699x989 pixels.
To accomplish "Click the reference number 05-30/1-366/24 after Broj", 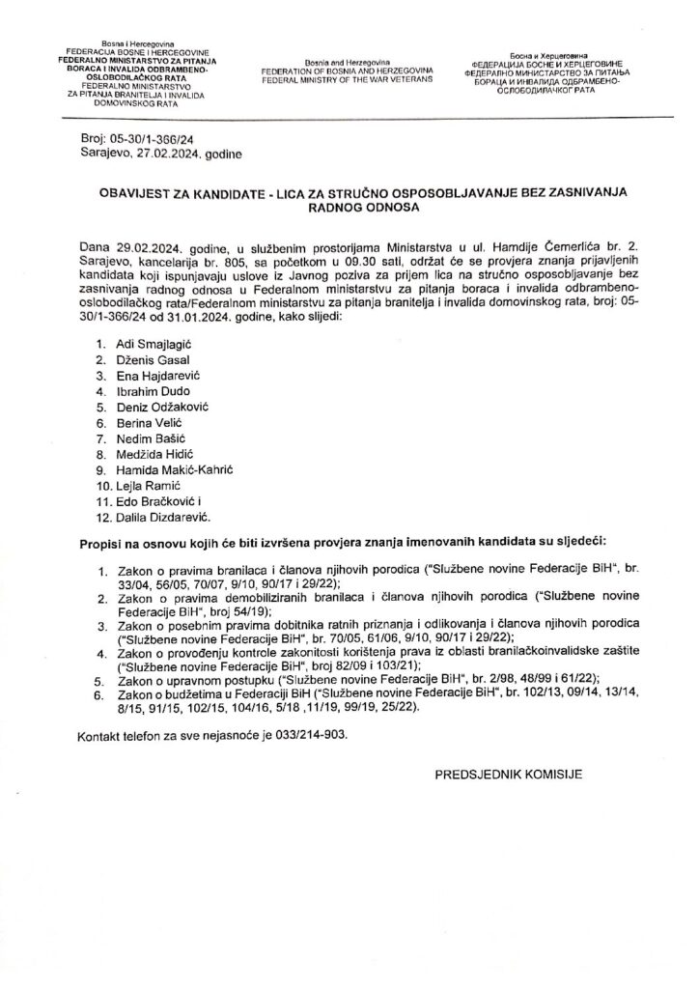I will point(152,140).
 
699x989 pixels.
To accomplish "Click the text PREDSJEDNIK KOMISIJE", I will point(509,774).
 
